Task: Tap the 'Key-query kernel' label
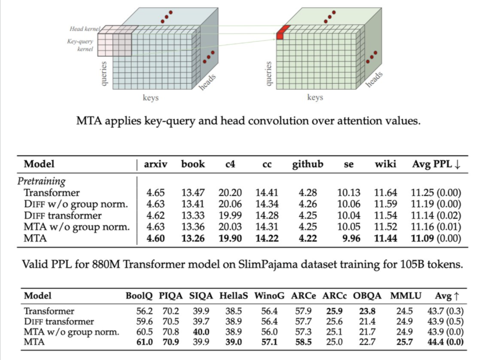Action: click(80, 45)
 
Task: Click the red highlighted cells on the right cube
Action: click(282, 32)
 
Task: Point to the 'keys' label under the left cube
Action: click(151, 98)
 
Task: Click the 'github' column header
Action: click(308, 164)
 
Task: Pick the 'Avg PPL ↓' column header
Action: click(436, 164)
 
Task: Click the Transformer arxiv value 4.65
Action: click(156, 193)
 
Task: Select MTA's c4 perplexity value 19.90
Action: click(230, 239)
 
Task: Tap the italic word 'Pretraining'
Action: click(42, 181)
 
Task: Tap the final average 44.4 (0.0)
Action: click(444, 342)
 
